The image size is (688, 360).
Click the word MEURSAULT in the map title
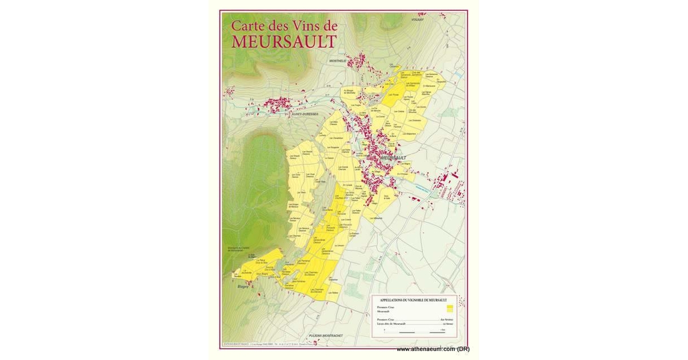284,41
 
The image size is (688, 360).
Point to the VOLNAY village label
417,19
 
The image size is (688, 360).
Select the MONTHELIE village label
338,61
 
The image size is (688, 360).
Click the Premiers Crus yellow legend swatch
450,309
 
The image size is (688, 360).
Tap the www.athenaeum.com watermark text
433,349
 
